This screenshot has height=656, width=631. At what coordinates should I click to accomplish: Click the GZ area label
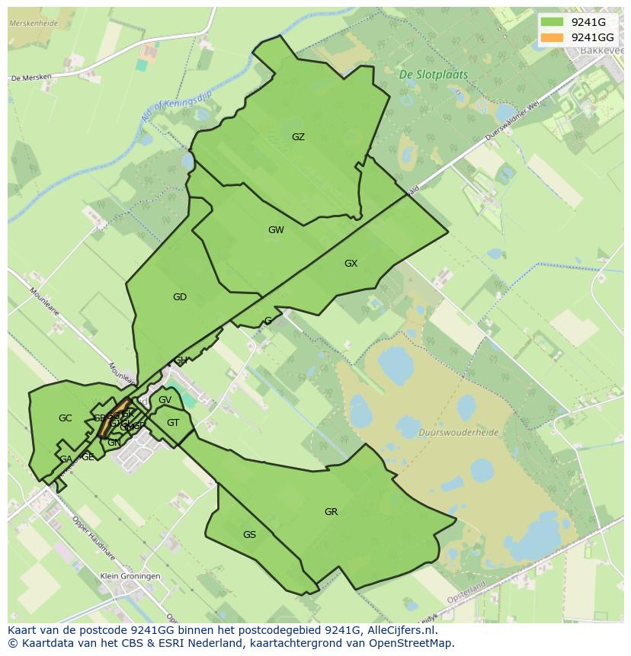point(298,137)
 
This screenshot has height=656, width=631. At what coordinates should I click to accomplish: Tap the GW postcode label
point(276,230)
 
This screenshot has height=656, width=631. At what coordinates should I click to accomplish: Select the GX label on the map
point(351,264)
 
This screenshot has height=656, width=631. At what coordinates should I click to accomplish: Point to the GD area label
point(180,297)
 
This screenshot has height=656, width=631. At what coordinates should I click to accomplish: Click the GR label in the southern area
point(331,512)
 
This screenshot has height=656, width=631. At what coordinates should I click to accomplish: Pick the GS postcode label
point(249,535)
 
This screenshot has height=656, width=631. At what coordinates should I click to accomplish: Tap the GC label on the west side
point(65,418)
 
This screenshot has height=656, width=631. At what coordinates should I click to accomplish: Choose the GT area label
point(173,423)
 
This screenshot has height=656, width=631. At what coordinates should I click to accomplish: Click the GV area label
point(165,400)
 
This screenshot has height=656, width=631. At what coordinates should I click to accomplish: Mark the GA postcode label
point(66,459)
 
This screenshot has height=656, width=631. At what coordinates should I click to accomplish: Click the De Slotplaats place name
point(434,75)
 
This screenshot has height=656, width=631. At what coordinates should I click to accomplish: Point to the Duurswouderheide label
point(458,432)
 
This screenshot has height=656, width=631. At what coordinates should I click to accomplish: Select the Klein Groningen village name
point(130,576)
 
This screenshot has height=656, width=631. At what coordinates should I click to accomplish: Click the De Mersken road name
point(30,78)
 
